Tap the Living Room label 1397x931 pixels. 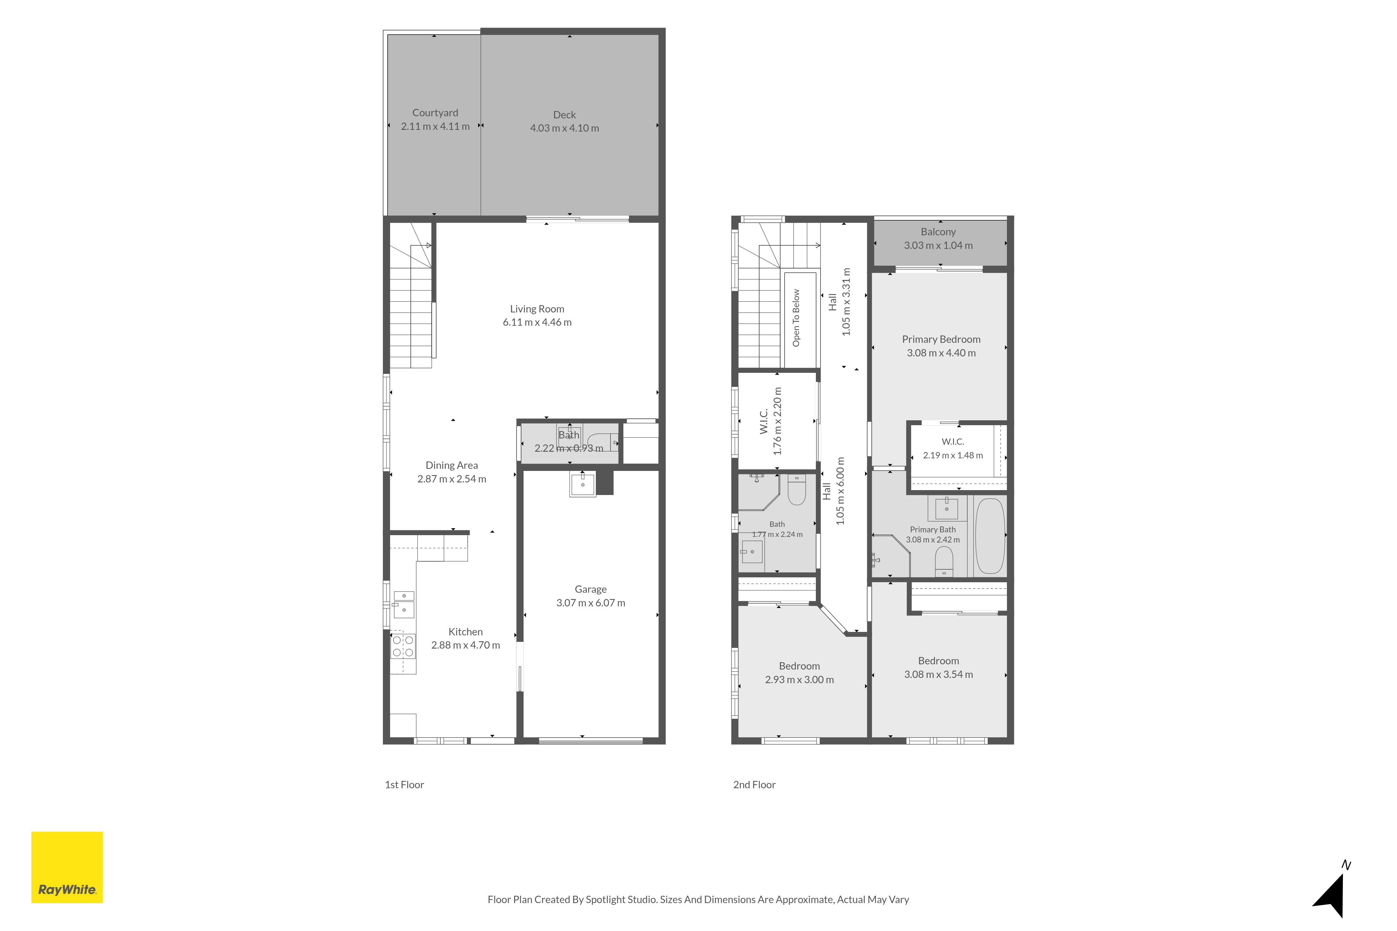click(537, 309)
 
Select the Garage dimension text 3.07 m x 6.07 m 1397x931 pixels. click(590, 603)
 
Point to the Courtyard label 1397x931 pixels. click(436, 113)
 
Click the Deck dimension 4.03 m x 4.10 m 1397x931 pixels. click(564, 128)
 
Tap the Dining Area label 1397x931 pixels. click(452, 466)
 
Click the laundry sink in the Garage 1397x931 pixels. click(583, 484)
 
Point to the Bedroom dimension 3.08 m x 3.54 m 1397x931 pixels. click(938, 674)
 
